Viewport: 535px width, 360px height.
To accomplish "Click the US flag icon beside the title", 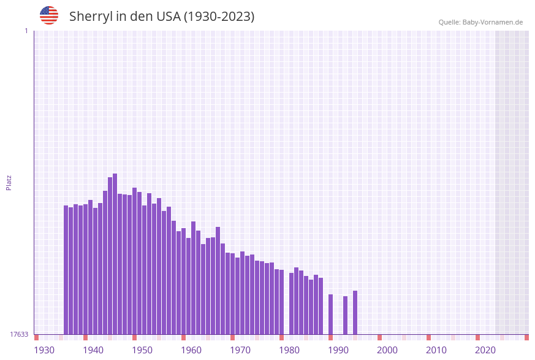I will click(49, 15).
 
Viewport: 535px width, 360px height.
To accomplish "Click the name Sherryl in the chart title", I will click(92, 17).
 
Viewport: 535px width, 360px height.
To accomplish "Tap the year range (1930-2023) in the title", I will click(219, 17).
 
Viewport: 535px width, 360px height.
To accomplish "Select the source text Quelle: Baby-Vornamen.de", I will click(480, 22).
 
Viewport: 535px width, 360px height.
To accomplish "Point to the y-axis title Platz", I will click(9, 182).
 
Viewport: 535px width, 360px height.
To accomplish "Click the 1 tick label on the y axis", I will click(26, 31).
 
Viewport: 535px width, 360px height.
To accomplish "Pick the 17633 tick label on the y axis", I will click(19, 334).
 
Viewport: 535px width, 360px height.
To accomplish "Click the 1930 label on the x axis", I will click(44, 350).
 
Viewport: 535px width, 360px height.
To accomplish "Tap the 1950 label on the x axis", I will click(142, 350).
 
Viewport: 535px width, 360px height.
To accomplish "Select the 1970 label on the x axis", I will click(240, 350).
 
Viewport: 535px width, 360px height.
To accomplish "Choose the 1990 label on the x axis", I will click(338, 350).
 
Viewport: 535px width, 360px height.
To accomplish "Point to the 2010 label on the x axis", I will click(436, 350).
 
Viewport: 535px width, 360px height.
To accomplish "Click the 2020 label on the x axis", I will click(485, 350).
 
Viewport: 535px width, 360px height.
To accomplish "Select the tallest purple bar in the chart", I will click(115, 254).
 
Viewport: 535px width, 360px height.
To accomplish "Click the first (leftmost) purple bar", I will click(66, 270).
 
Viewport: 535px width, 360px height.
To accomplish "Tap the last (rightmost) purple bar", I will click(355, 312).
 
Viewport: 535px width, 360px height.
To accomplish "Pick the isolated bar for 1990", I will click(330, 314).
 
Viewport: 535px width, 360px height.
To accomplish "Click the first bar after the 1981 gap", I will click(291, 304).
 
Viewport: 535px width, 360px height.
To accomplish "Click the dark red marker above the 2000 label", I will click(379, 337).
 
